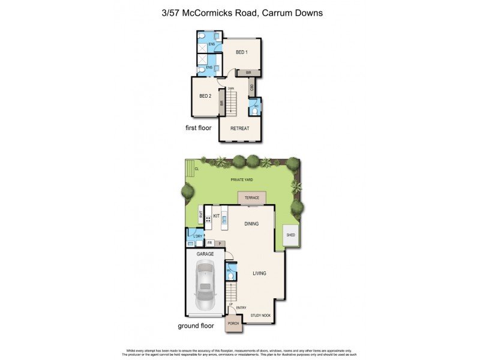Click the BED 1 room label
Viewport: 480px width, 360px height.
click(x=242, y=52)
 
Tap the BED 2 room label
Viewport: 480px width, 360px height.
click(x=205, y=96)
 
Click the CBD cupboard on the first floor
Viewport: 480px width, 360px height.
click(x=252, y=88)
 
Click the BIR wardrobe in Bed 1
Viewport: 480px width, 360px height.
click(x=248, y=73)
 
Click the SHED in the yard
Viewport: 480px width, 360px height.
click(x=291, y=235)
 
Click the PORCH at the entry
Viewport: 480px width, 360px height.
click(x=233, y=324)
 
